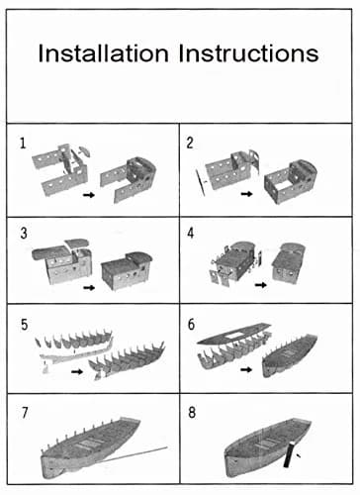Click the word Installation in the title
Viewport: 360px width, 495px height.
(103, 53)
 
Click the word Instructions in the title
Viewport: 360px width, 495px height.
(249, 53)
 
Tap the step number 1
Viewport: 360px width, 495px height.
(23, 144)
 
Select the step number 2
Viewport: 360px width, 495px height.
(190, 143)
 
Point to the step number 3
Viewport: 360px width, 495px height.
(24, 234)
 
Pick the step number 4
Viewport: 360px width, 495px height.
(191, 234)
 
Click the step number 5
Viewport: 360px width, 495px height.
(24, 325)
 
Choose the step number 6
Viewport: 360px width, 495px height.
(191, 325)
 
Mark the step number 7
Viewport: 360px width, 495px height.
(25, 413)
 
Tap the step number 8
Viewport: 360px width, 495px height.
(192, 413)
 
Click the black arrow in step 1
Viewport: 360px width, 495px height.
(89, 195)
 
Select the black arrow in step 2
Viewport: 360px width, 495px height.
(246, 194)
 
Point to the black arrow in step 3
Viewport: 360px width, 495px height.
(89, 288)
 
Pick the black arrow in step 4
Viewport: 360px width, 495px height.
(261, 285)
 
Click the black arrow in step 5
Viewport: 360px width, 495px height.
(77, 371)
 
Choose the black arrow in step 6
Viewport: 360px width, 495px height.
(246, 369)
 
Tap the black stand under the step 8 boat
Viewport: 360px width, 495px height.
(289, 454)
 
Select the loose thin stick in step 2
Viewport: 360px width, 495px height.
(200, 182)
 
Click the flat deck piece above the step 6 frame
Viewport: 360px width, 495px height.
(234, 334)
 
